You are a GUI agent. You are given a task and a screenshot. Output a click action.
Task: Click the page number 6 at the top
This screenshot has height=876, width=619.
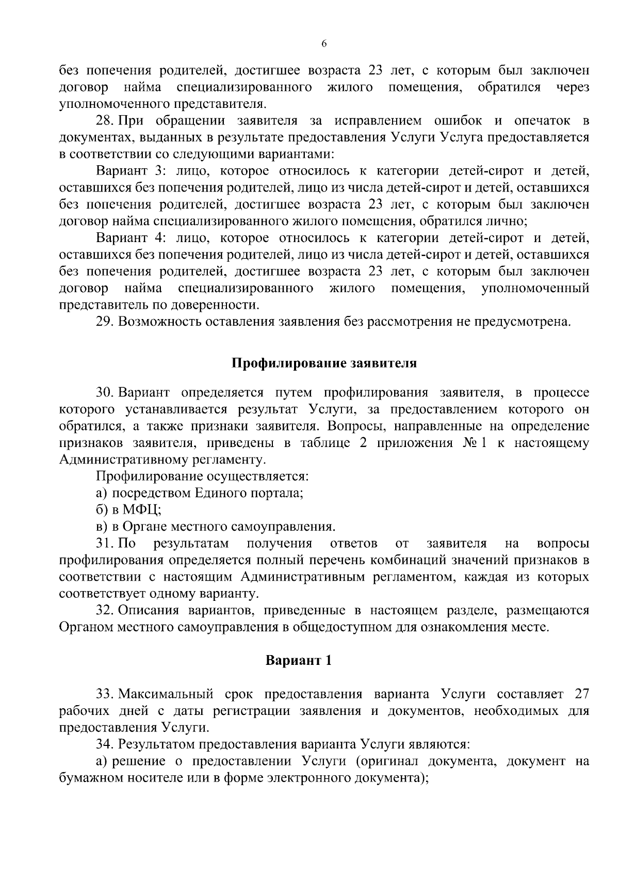324,44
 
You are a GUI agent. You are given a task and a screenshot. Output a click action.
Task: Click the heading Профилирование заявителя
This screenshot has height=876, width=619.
323,363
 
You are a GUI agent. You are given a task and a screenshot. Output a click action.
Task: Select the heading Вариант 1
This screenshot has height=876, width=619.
298,660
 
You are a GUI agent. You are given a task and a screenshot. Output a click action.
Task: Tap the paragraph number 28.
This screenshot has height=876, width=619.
104,121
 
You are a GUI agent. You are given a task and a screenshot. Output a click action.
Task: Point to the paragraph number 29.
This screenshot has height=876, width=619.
105,322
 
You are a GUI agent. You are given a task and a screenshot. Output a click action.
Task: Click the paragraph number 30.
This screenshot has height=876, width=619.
105,393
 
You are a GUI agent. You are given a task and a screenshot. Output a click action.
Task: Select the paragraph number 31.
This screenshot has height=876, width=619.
104,544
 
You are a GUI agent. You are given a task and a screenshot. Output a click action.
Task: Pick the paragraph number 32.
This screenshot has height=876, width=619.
105,610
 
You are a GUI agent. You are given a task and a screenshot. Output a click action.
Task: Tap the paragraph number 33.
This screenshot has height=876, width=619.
105,694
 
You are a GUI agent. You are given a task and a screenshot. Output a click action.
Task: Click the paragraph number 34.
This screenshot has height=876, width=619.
105,744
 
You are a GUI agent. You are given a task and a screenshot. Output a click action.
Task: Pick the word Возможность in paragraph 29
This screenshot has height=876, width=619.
158,322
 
